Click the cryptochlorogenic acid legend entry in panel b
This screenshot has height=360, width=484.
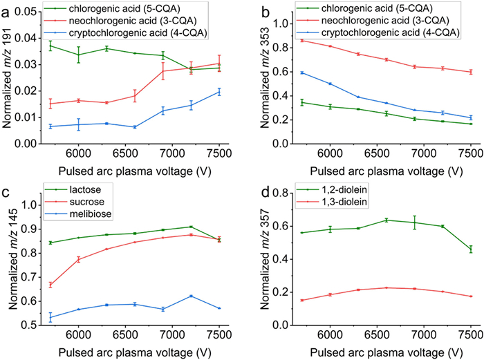[378, 32]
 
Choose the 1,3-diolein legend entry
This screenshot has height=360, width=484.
[331, 202]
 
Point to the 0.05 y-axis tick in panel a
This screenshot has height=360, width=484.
[28, 12]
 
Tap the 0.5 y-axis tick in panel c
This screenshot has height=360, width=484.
[29, 325]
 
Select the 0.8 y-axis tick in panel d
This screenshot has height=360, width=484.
[281, 193]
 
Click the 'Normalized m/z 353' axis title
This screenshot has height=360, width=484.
[265, 77]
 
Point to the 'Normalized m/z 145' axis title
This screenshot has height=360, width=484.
[13, 259]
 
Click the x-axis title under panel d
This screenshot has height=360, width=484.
[387, 352]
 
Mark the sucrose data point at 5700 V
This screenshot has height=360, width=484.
[50, 285]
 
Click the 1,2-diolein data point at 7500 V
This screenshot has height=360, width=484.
[471, 249]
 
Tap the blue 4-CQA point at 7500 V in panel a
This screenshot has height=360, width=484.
[219, 92]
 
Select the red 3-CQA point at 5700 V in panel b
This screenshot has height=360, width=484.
[302, 40]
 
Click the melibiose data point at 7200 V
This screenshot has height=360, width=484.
[191, 296]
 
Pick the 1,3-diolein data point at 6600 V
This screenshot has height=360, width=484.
[387, 288]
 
